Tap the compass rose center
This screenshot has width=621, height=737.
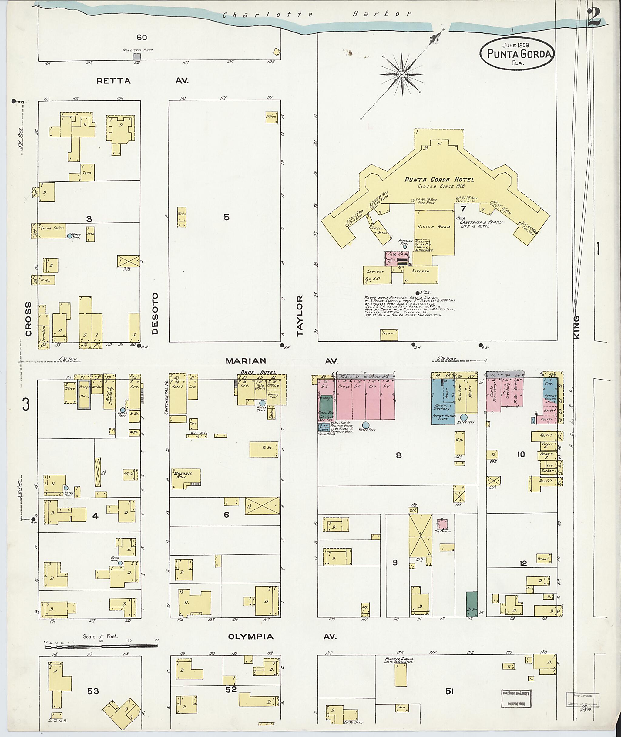(402, 75)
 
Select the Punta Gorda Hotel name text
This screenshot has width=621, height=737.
(439, 180)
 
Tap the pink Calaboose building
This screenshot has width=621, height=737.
(442, 524)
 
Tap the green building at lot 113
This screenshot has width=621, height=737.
(472, 604)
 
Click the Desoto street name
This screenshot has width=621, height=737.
(155, 313)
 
